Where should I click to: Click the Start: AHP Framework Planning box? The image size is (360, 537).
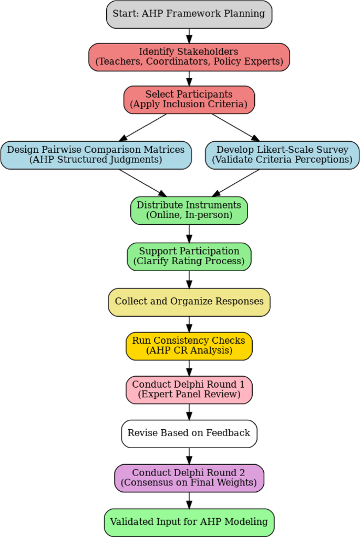189,14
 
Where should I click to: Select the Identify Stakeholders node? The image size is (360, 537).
189,57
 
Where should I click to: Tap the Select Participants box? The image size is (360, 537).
189,99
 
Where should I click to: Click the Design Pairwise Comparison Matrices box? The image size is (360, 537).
96,155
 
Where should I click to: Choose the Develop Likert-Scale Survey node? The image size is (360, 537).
282,155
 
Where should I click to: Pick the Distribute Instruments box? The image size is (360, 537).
189,210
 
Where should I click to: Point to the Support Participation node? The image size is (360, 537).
189,256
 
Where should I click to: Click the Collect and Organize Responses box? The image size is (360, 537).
189,302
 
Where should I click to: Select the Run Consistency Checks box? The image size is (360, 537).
189,346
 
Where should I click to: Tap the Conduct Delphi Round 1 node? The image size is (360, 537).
189,389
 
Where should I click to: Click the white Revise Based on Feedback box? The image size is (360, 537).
189,433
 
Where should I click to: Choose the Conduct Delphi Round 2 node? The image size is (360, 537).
189,478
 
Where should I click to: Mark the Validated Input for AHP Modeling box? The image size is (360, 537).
189,522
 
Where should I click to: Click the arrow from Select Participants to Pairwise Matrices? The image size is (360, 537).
144,127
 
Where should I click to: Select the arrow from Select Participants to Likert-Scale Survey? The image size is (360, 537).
234,127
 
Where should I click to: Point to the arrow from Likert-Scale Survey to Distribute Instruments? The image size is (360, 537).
236,182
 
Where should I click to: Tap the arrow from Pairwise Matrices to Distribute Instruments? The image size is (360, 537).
142,182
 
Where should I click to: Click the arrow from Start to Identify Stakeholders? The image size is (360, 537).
189,35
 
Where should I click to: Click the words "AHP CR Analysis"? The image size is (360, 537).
189,350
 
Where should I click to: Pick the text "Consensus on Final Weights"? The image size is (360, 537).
189,482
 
